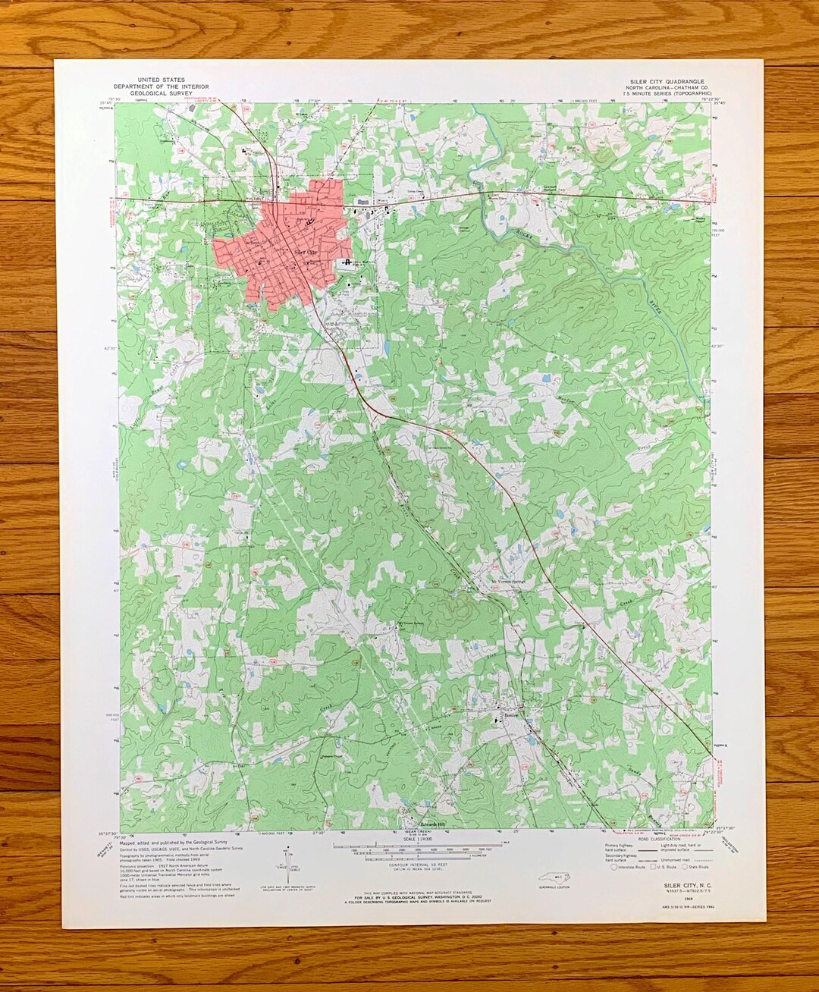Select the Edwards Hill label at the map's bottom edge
click(435, 824)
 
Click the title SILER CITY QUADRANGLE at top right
click(667, 80)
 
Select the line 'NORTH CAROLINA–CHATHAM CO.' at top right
click(667, 86)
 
